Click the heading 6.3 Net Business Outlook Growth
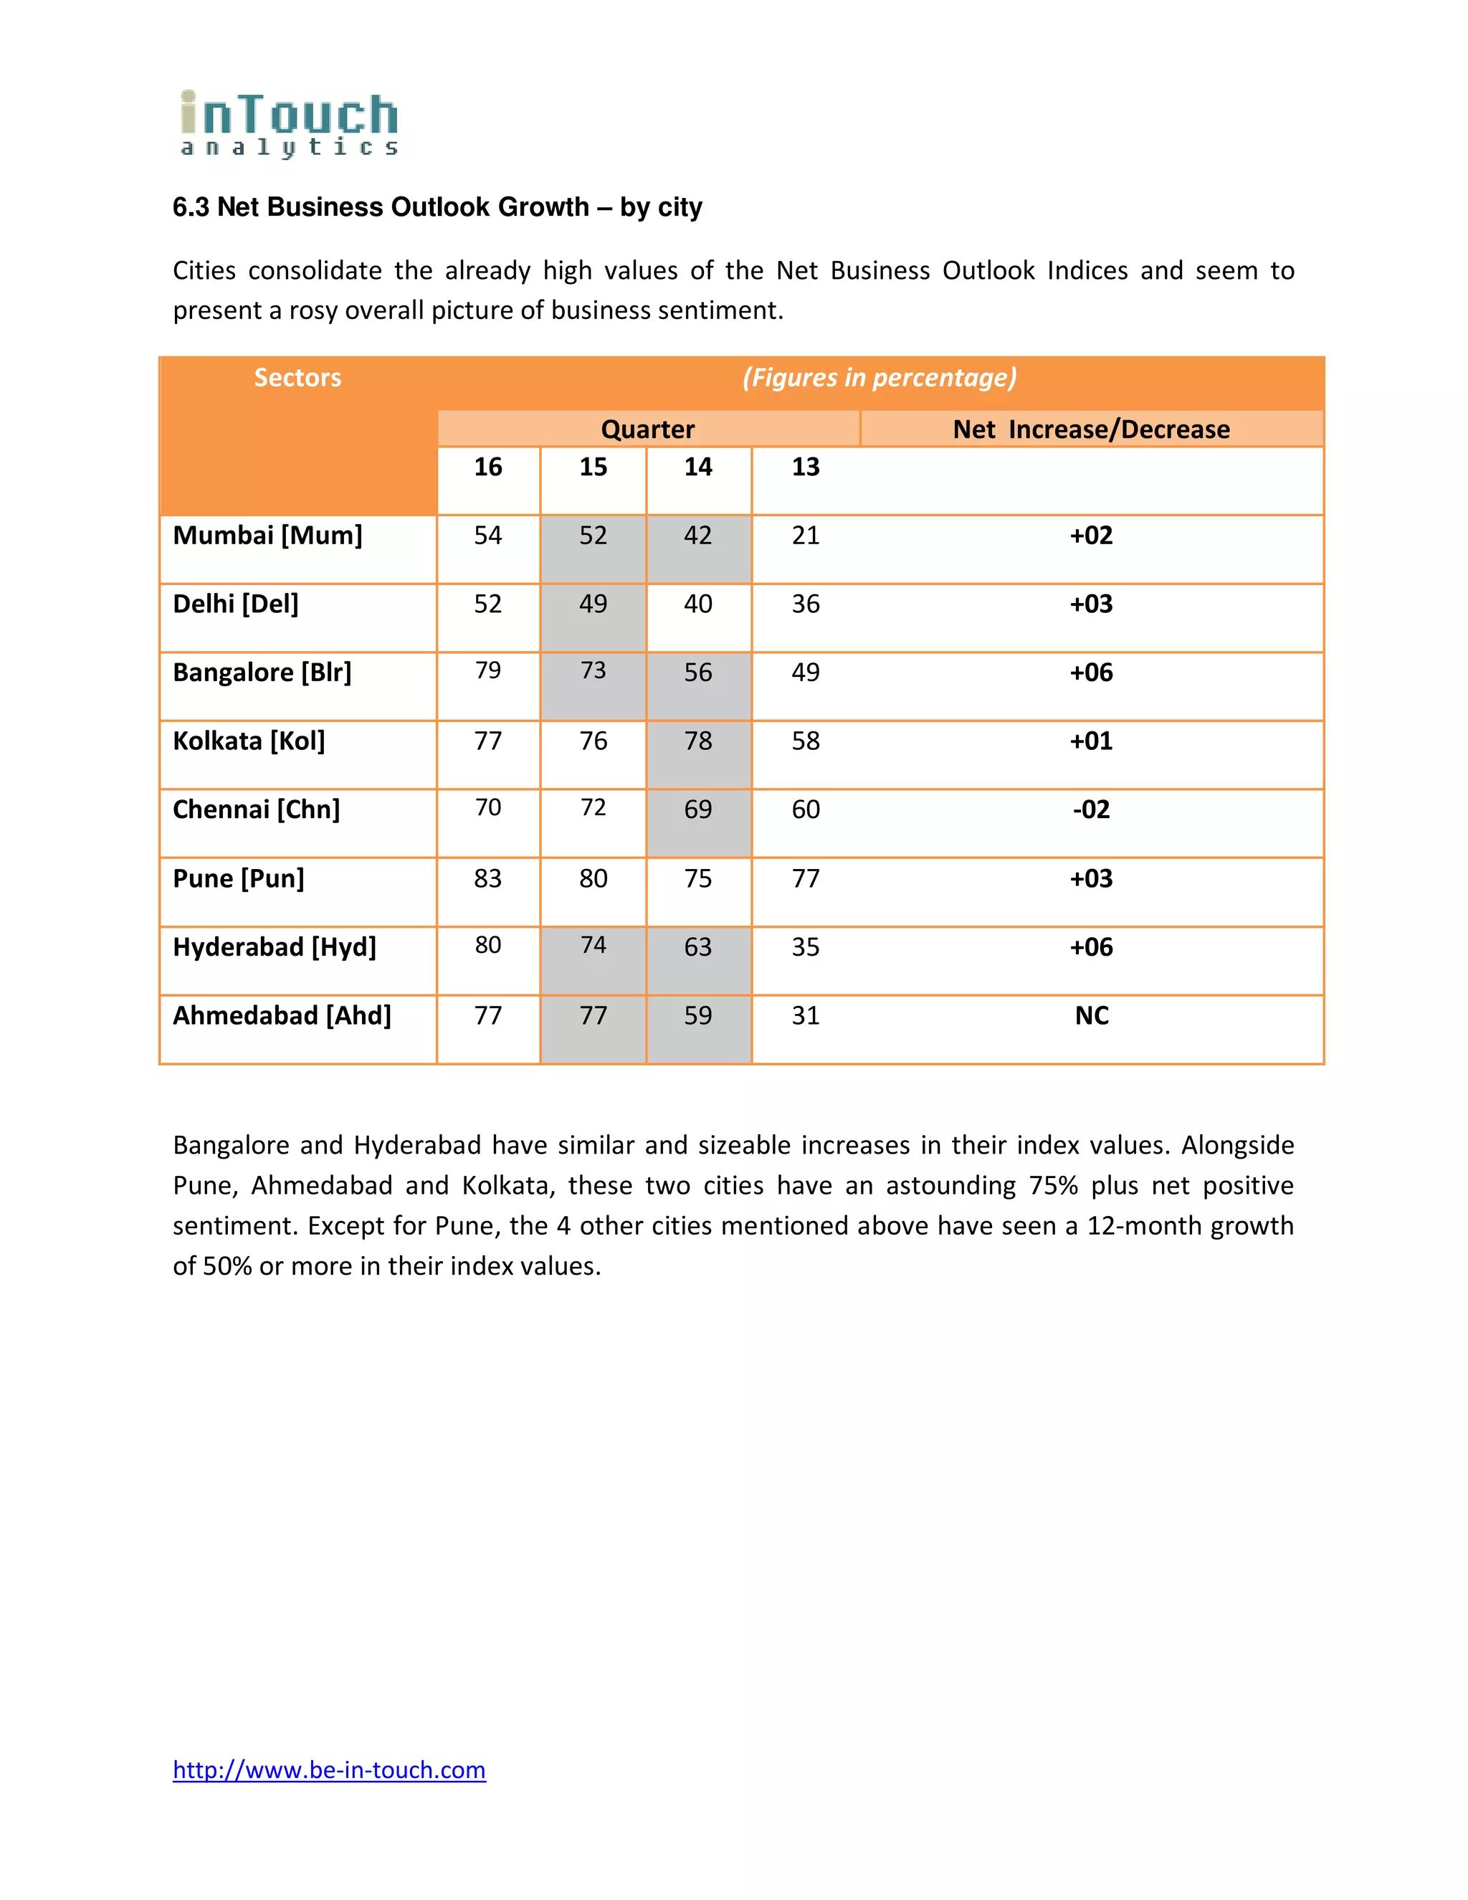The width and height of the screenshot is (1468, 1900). coord(437,207)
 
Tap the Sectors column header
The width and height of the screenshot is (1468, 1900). coord(297,378)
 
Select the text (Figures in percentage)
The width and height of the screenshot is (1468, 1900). coord(880,378)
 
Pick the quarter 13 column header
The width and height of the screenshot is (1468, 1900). coord(805,467)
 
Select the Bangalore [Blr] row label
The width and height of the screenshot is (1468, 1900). coord(262,673)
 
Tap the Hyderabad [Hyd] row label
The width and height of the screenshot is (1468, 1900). coord(274,946)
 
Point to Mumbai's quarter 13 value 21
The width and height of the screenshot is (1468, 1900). coord(805,535)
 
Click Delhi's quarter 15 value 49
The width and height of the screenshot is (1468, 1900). coord(593,604)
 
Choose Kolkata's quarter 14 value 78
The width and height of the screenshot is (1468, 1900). coord(697,741)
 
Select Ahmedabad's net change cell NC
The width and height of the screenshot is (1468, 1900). coord(1092,1016)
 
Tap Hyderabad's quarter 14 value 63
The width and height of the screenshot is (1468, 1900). coord(697,947)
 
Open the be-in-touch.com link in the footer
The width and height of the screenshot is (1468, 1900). coord(329,1770)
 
